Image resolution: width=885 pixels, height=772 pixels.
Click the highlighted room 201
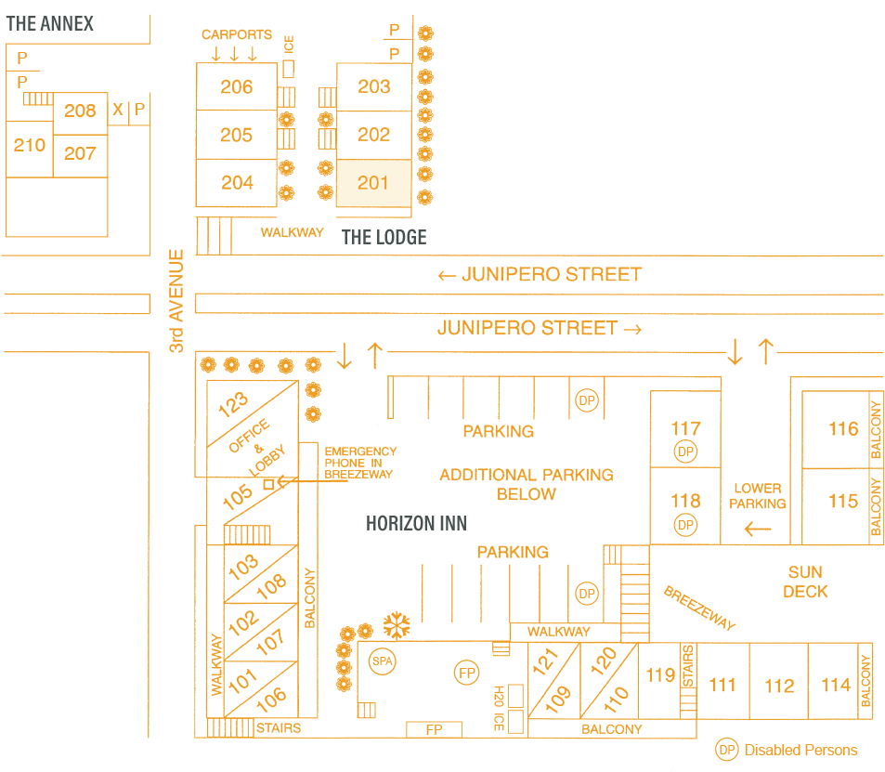373,183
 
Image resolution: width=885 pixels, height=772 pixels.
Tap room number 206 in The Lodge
237,86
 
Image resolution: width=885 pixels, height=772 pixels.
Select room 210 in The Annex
30,145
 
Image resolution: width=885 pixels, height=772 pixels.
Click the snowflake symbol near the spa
397,625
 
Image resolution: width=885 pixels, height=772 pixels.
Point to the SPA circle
382,661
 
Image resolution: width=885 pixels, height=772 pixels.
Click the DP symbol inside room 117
685,451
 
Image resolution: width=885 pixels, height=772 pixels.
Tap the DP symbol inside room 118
685,525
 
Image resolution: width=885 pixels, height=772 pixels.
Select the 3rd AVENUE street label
176,300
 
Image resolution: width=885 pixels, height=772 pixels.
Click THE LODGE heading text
384,237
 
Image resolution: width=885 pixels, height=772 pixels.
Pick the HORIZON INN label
416,524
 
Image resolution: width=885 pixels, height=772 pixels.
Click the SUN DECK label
805,582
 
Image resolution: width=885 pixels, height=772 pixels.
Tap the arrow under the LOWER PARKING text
758,529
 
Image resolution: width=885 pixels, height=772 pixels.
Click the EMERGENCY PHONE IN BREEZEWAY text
360,463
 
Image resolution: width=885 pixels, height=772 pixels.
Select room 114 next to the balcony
836,685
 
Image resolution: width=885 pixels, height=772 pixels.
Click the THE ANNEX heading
50,23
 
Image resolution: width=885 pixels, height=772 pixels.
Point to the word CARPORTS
237,34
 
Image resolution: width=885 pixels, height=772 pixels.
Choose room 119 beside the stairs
660,674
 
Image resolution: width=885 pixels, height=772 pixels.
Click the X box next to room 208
118,110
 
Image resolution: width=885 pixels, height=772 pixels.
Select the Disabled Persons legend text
800,750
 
